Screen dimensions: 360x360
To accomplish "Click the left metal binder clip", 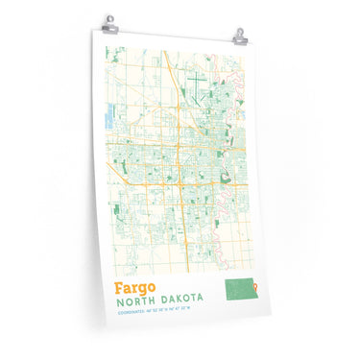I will [x=111, y=21].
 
